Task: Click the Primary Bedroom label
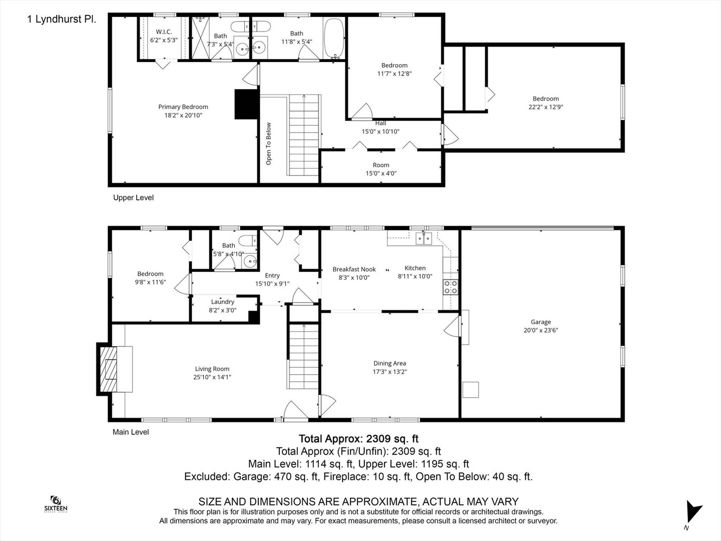[x=183, y=107]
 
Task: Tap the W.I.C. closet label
[x=164, y=32]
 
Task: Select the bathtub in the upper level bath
[x=334, y=38]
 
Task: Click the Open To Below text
[x=269, y=144]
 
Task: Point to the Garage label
[x=541, y=322]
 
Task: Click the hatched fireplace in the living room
[x=108, y=369]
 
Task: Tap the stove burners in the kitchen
[x=450, y=287]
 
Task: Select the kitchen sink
[x=424, y=238]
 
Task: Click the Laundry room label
[x=222, y=302]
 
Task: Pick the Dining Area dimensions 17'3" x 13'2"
[x=390, y=372]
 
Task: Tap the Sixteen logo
[x=56, y=504]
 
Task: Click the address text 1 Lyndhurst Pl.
[x=62, y=19]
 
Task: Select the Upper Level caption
[x=133, y=197]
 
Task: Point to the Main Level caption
[x=131, y=432]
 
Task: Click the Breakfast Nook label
[x=354, y=269]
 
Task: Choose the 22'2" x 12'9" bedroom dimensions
[x=546, y=107]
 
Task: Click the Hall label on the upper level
[x=381, y=123]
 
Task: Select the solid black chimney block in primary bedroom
[x=247, y=104]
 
